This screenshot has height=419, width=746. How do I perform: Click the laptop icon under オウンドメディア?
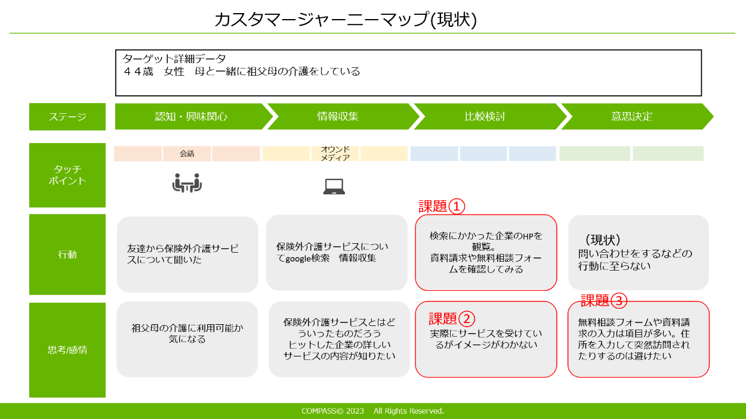[334, 187]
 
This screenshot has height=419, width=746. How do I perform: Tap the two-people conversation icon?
[187, 183]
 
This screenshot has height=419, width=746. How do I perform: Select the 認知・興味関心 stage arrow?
[194, 116]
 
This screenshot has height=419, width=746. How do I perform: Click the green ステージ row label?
[67, 117]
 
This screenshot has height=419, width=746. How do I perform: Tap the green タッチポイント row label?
[67, 175]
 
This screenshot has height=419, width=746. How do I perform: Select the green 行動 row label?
[67, 254]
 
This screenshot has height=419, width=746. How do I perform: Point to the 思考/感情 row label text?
[67, 350]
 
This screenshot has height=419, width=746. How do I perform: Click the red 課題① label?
[442, 206]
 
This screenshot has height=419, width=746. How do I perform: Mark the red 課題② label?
[452, 319]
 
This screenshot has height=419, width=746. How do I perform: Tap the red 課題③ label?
[604, 300]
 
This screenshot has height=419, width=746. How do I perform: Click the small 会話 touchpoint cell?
[187, 154]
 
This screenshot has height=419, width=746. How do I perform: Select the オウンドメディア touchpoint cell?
[335, 154]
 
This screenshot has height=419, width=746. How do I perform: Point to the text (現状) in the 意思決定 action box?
[603, 240]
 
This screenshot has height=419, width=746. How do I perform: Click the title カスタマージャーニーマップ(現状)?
[346, 19]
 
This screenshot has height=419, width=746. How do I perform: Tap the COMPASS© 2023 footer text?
[332, 411]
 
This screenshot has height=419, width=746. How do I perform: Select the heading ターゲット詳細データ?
[174, 59]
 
